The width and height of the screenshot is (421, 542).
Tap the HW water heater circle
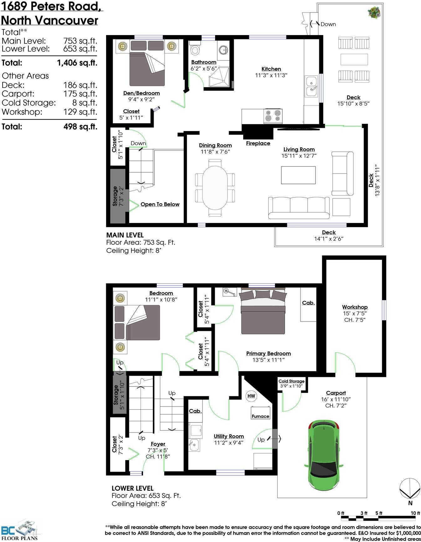click(251, 396)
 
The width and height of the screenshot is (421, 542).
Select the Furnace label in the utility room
click(260, 416)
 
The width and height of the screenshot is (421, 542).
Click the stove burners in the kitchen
click(273, 116)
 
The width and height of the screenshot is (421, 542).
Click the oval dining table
click(215, 187)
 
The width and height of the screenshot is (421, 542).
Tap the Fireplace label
click(258, 143)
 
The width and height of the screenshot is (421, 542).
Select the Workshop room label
click(355, 307)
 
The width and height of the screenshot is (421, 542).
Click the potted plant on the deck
click(374, 13)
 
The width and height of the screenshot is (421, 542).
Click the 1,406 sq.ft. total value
click(77, 63)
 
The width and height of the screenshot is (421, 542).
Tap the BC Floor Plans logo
click(20, 530)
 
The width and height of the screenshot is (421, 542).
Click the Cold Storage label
click(291, 381)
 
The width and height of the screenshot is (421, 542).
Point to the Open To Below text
click(160, 204)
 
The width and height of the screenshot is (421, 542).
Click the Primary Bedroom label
click(269, 353)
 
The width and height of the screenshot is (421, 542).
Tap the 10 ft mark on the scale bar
click(415, 514)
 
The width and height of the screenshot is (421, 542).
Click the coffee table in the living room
click(298, 175)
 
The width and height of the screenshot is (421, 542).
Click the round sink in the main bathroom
click(223, 49)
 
